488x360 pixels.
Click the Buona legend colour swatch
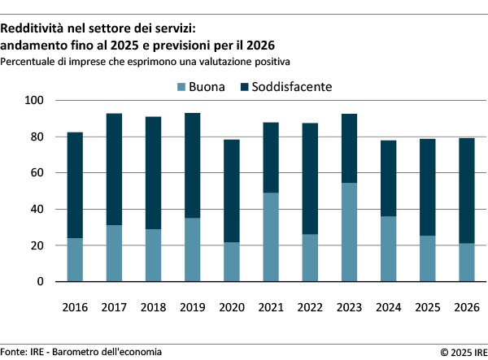(x=181, y=86)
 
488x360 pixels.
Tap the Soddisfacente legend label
(x=292, y=86)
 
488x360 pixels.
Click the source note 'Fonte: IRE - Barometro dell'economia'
(x=81, y=351)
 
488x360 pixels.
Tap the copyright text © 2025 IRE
(x=462, y=352)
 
